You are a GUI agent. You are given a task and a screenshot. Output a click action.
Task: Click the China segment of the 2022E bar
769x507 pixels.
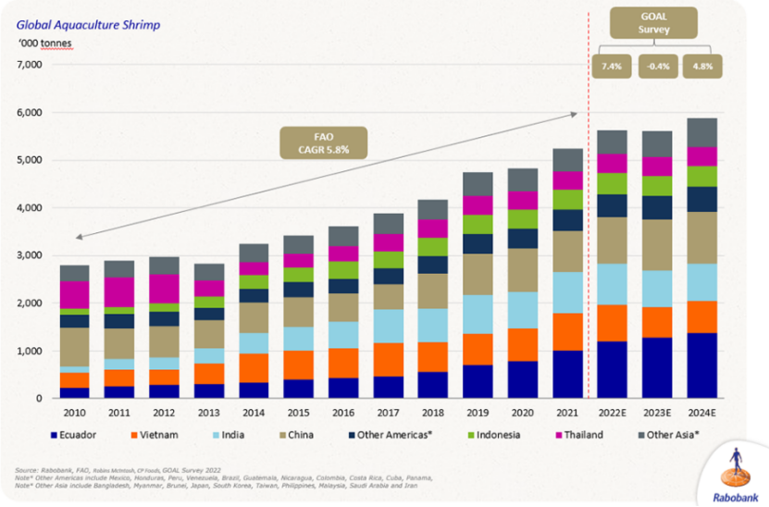click(x=613, y=241)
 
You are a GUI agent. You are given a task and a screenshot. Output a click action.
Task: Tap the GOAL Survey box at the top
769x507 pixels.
click(x=653, y=22)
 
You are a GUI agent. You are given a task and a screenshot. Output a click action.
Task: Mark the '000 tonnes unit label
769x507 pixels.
click(x=44, y=43)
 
